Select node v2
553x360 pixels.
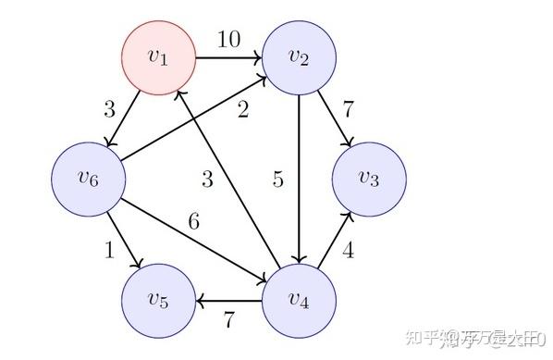click(299, 56)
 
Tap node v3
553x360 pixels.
click(369, 179)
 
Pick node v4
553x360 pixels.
click(299, 300)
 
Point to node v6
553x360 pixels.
click(88, 179)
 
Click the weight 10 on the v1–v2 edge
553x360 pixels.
click(228, 39)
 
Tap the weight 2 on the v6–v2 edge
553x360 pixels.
click(242, 111)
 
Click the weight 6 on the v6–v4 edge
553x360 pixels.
click(193, 221)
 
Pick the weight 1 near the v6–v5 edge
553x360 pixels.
click(110, 250)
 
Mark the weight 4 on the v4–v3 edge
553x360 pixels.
click(349, 250)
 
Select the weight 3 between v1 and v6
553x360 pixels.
click(109, 108)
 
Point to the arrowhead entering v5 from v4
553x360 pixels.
click(200, 300)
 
